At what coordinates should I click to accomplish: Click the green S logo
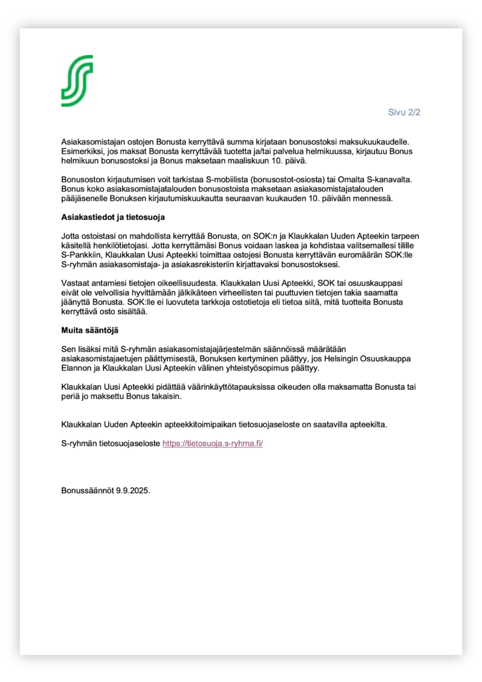point(77,81)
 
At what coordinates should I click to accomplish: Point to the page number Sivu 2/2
point(404,112)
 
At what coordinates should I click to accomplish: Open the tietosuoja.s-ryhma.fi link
point(213,443)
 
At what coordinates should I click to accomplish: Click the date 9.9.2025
point(133,489)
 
